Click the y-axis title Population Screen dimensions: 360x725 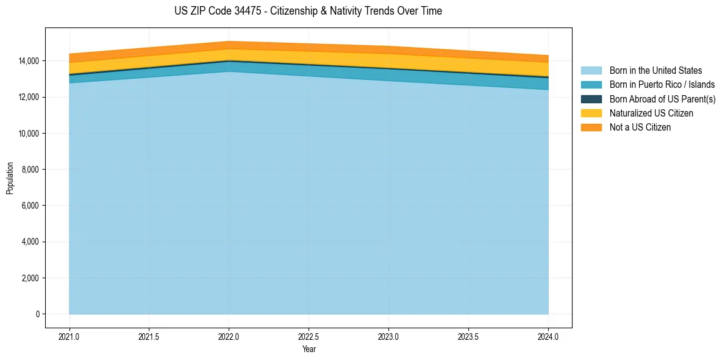click(x=10, y=178)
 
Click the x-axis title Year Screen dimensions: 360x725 click(x=309, y=350)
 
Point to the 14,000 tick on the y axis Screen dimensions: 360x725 click(x=28, y=61)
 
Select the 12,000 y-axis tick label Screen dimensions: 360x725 click(x=28, y=97)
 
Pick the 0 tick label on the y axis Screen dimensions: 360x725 click(x=37, y=314)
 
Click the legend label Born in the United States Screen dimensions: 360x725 click(x=655, y=71)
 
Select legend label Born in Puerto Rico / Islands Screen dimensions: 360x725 click(x=662, y=85)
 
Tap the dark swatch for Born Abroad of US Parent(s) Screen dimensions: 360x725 click(x=591, y=99)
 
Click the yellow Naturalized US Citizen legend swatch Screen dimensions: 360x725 click(x=591, y=113)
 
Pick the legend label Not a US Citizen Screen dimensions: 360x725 click(x=640, y=128)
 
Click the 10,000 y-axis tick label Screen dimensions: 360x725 click(x=28, y=134)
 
